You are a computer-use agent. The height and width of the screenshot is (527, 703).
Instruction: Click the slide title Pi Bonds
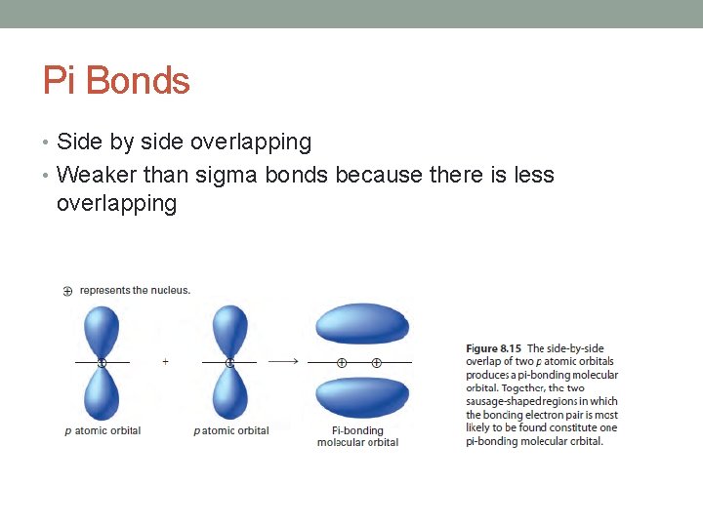(116, 80)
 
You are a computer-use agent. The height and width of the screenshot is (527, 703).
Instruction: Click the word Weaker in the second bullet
(97, 176)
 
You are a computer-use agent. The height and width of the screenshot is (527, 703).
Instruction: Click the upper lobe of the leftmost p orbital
(102, 332)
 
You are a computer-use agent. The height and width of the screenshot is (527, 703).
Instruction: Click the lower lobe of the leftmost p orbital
(102, 392)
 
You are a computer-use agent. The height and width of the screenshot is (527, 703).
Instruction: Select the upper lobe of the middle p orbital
(229, 332)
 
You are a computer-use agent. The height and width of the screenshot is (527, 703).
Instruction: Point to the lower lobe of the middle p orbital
(229, 392)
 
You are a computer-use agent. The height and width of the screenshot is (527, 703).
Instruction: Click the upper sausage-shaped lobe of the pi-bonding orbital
(362, 324)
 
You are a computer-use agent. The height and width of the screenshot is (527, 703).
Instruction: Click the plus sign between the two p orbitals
(165, 361)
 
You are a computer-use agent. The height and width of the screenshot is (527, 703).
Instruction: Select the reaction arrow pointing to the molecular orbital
(283, 361)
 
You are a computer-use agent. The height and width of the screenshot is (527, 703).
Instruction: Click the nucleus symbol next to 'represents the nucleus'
(67, 291)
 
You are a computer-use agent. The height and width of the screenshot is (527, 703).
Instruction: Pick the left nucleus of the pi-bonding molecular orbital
(342, 362)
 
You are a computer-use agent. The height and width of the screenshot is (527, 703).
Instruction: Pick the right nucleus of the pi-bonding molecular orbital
(377, 362)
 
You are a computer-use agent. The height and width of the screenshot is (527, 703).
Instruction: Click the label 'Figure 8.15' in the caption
(494, 348)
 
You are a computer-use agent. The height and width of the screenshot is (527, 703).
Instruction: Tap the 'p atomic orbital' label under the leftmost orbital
(103, 430)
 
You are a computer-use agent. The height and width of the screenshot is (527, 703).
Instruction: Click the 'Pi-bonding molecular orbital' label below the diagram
(357, 436)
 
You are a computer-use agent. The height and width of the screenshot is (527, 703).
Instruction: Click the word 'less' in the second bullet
(533, 176)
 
